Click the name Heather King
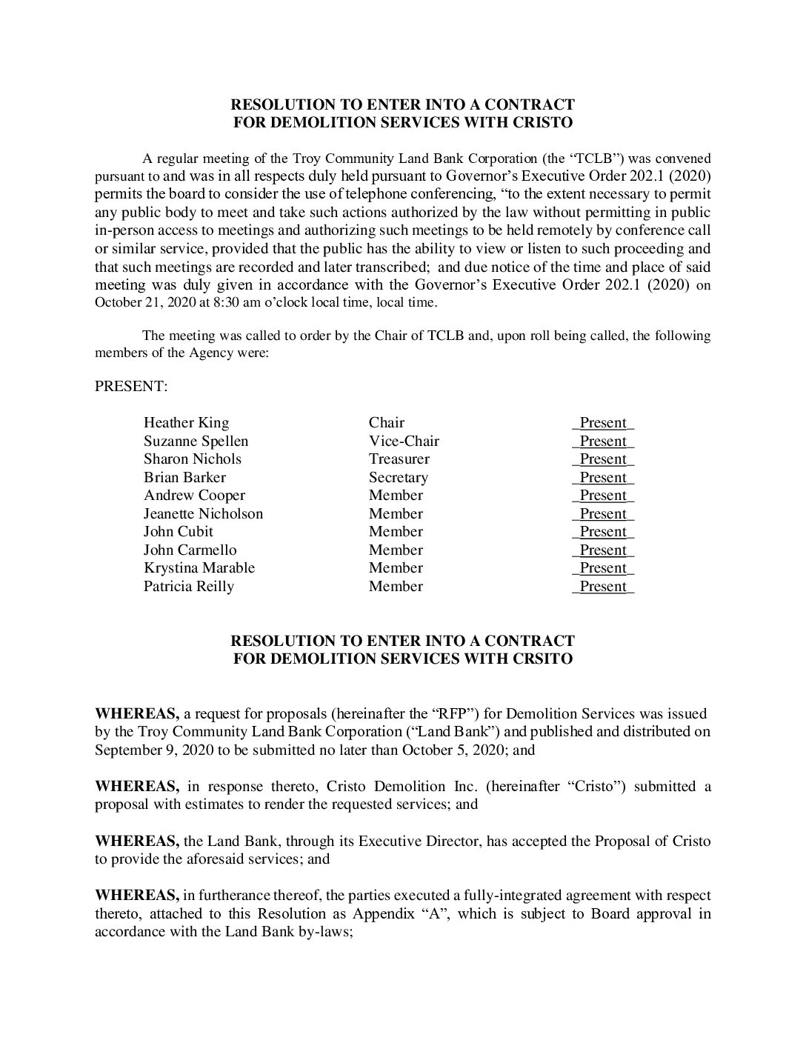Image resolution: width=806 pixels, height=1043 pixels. coord(186,423)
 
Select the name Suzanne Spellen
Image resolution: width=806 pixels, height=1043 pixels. coord(196,441)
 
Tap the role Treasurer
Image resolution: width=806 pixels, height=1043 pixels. coord(399,459)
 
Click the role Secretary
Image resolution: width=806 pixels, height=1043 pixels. coord(398,478)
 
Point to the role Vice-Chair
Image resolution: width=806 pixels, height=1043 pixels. coord(404,441)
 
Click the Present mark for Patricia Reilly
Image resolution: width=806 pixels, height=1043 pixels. coord(603,587)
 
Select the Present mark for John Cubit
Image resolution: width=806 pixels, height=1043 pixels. coord(603,532)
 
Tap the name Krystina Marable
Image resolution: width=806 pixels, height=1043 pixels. coord(199,568)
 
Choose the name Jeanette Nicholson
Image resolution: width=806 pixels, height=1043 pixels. coord(203,514)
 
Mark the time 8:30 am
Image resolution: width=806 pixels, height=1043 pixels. coord(222,302)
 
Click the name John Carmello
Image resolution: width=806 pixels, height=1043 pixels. coord(190,550)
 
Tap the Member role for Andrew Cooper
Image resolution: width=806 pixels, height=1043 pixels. coord(396,496)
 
